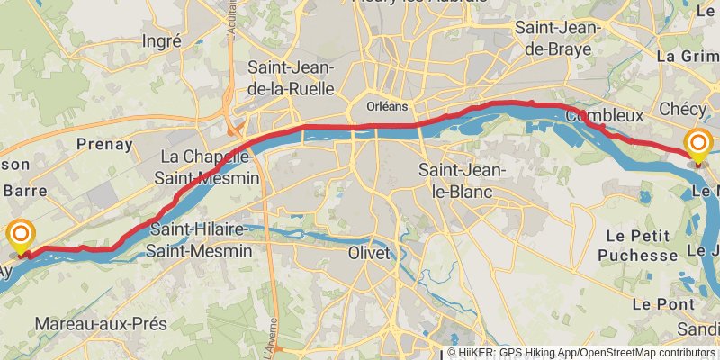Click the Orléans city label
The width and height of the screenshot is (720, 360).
click(387, 106)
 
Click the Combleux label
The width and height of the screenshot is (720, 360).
click(605, 115)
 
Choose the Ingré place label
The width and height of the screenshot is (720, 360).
click(162, 40)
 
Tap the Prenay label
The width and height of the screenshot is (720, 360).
click(104, 144)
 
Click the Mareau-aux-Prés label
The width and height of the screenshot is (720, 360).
click(93, 322)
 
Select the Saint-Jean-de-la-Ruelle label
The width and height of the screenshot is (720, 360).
click(291, 77)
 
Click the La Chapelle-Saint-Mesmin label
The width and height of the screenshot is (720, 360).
click(209, 167)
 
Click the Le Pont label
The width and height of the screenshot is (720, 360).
click(663, 304)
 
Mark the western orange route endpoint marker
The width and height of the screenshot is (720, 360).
click(21, 237)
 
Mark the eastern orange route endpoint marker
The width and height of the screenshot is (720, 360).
click(698, 144)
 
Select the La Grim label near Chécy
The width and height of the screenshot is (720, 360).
click(688, 55)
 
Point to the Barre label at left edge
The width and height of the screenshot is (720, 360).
click(25, 190)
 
